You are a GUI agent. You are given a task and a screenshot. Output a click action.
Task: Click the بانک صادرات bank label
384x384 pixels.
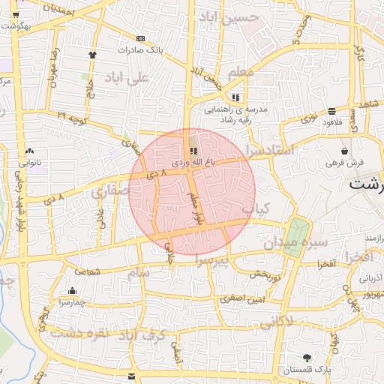point(140,50)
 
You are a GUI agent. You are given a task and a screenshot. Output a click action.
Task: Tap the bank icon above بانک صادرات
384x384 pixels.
point(140,38)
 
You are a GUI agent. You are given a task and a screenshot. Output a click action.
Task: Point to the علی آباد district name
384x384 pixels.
point(129,78)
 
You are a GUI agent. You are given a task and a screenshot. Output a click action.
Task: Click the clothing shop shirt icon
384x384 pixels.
point(92,54)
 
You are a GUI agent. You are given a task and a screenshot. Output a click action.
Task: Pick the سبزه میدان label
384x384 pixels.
point(295,243)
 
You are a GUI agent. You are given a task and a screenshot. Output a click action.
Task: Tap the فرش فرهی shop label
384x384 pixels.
point(344,161)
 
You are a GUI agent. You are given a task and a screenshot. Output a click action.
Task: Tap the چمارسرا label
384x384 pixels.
point(73,301)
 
